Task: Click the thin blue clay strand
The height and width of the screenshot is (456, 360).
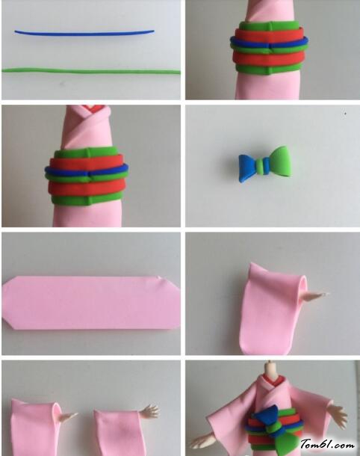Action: coord(84,34)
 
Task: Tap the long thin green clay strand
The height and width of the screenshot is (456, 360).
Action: coord(91,71)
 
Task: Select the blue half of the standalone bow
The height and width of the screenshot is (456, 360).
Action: coord(247,168)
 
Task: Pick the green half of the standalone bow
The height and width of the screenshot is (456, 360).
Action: coord(279,161)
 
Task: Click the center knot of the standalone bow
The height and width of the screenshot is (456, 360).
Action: coord(262,166)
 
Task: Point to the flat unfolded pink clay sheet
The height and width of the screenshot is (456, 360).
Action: coord(91,303)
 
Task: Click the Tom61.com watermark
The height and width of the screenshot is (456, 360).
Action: coord(327,444)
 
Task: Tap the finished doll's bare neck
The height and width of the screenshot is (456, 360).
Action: coord(271,369)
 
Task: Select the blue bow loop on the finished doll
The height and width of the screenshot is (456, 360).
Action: coord(266,416)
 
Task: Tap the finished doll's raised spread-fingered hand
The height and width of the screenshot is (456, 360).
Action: coord(339,413)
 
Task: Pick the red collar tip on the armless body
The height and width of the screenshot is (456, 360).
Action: coord(89,108)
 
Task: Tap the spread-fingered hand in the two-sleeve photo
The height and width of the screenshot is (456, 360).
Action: coord(149,411)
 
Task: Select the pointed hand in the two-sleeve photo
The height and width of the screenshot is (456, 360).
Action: coord(69,416)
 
